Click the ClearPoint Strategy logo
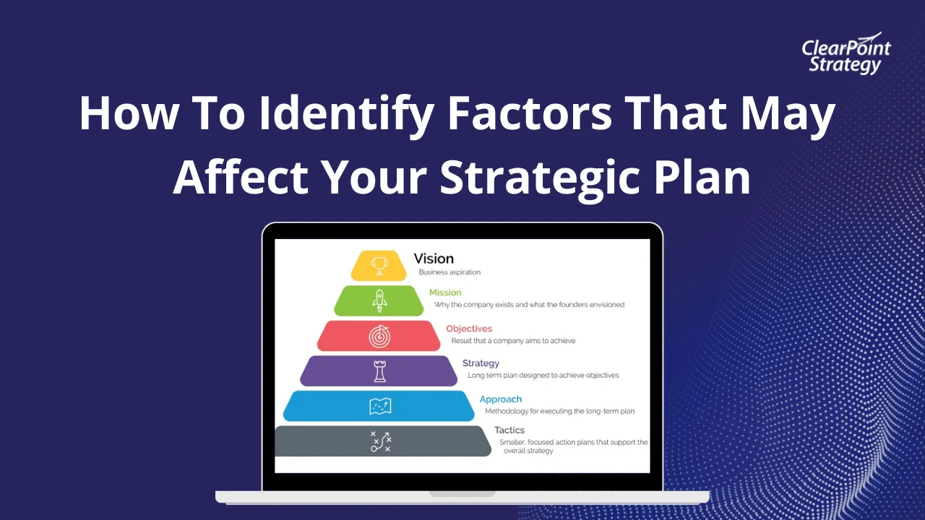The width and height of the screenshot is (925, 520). click(846, 54)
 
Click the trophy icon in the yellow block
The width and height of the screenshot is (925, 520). click(379, 265)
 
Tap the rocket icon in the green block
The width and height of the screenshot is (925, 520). click(379, 300)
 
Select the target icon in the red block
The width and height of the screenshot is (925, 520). click(379, 336)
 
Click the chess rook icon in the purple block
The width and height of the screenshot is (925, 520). click(379, 371)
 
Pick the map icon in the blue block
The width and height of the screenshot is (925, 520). click(379, 406)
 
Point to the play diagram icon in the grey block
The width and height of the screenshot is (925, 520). click(381, 441)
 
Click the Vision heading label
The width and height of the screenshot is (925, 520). click(434, 259)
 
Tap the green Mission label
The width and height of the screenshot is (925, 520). click(445, 292)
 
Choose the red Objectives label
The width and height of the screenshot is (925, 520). click(469, 329)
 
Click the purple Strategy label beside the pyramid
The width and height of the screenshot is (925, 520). click(481, 363)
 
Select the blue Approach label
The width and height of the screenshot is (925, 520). click(501, 399)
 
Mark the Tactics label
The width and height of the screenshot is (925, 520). click(509, 430)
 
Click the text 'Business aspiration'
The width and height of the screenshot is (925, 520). click(449, 272)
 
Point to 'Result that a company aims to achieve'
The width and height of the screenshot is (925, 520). click(513, 341)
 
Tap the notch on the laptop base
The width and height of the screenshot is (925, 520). click(462, 494)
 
